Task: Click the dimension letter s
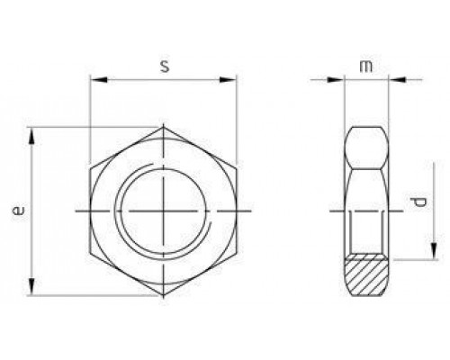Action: pyautogui.click(x=163, y=66)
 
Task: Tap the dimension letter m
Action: pyautogui.click(x=365, y=66)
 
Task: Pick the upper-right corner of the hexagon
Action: pyautogui.click(x=237, y=168)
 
